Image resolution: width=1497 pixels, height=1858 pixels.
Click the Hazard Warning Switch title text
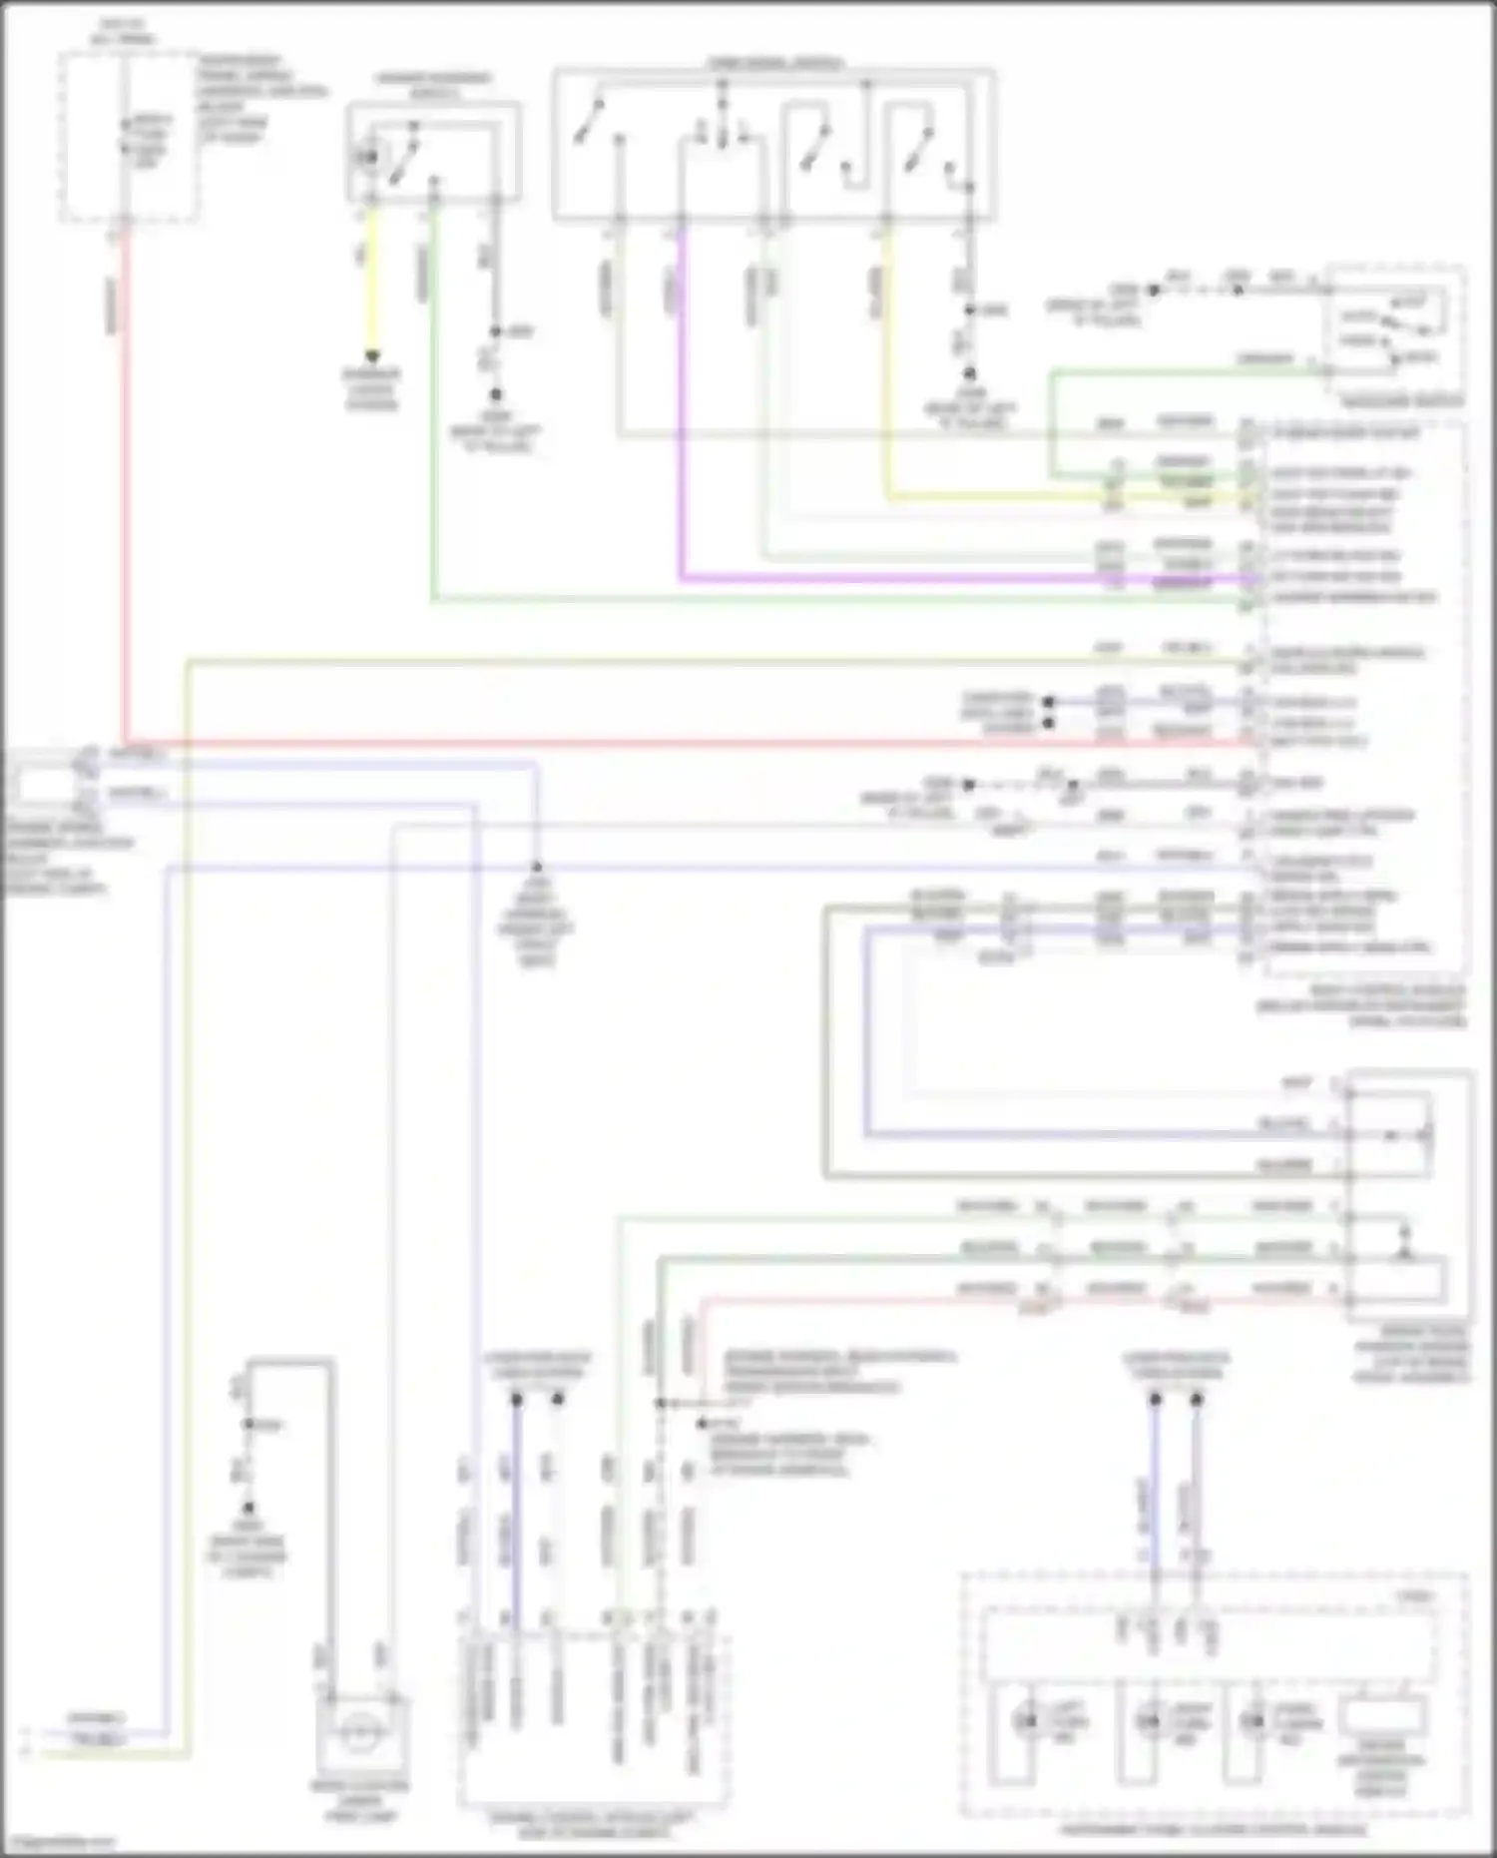tap(433, 86)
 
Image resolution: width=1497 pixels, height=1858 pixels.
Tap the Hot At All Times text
tap(122, 31)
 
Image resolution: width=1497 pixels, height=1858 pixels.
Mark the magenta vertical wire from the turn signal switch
tap(682, 399)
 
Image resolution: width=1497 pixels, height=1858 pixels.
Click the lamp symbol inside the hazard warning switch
tap(369, 157)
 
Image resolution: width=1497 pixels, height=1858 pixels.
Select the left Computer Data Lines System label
tap(537, 1366)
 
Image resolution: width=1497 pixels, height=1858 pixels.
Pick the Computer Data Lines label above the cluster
tap(1176, 1366)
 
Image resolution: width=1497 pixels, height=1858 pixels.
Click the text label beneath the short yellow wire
tap(371, 389)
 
